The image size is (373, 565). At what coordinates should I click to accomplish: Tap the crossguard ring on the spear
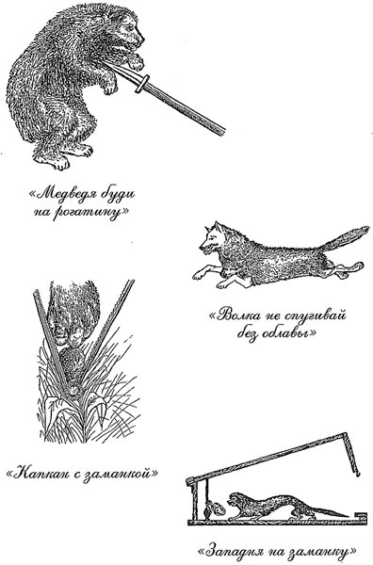142,84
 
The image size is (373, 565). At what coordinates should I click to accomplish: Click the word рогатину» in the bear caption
90,214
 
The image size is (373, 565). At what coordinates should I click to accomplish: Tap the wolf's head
212,238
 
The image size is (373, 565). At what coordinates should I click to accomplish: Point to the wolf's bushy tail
345,238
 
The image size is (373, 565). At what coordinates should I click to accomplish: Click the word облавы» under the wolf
287,333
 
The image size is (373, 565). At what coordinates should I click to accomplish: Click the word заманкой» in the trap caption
121,473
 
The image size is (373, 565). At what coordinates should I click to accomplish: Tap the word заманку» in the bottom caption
322,552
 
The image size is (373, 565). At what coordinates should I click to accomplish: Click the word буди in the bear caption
118,195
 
